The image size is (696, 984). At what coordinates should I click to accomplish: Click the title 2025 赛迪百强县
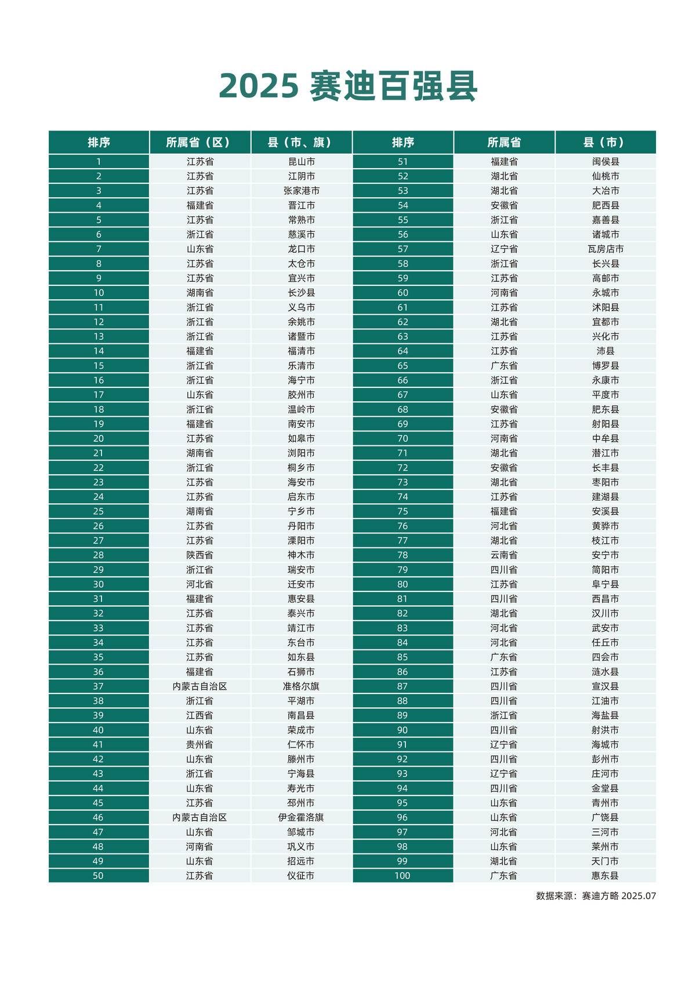click(348, 86)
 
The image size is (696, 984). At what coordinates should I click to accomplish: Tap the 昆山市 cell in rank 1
click(302, 162)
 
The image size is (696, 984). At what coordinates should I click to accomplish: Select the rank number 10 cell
click(99, 293)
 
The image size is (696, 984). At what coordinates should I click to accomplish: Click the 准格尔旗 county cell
click(302, 687)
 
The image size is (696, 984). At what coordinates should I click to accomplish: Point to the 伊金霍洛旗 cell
click(302, 818)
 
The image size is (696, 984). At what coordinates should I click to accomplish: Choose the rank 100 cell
click(403, 876)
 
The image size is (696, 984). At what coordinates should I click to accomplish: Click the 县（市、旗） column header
click(302, 142)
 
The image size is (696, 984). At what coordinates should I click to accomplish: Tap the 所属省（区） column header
click(200, 142)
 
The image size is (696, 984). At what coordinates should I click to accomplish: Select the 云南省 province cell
click(504, 555)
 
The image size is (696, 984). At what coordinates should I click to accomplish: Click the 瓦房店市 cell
click(606, 249)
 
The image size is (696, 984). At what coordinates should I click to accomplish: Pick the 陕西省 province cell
click(200, 555)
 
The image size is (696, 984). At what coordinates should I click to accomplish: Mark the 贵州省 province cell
click(200, 745)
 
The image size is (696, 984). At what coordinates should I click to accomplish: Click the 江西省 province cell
click(200, 716)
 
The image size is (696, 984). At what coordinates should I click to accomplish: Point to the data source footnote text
click(596, 896)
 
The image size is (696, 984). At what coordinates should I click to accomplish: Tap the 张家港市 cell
click(302, 191)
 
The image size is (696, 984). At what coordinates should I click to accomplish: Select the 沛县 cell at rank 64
click(606, 351)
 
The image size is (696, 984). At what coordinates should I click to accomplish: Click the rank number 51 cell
click(403, 162)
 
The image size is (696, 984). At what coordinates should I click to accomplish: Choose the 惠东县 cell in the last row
click(606, 876)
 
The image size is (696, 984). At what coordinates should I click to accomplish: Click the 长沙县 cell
click(302, 293)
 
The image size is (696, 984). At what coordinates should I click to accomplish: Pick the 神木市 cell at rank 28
click(302, 555)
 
